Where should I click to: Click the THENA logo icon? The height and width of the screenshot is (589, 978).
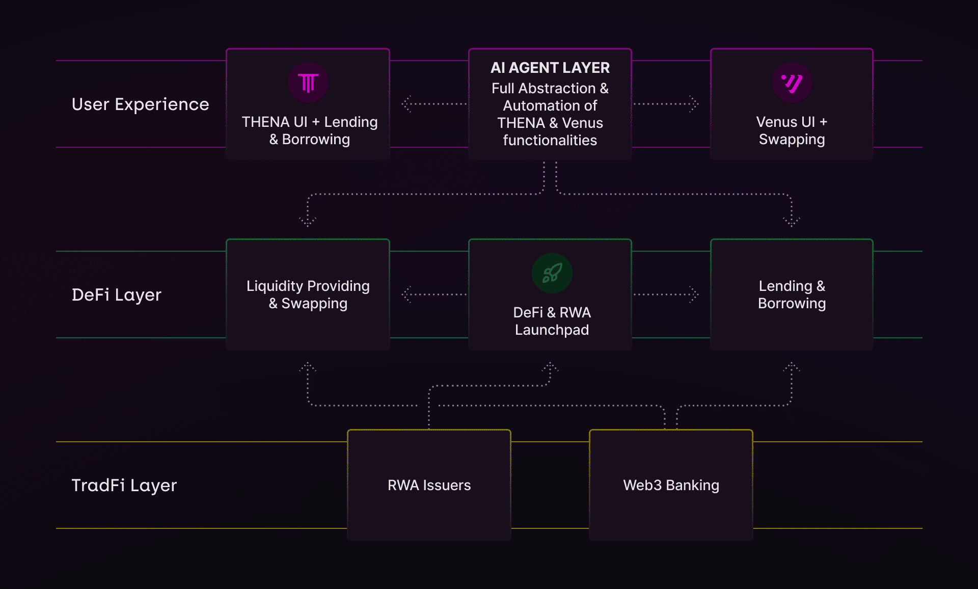tap(308, 83)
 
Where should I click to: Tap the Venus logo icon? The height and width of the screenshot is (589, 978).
tap(792, 83)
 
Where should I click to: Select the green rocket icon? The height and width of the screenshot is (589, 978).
tap(552, 273)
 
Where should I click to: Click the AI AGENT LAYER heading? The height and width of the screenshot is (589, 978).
tap(550, 68)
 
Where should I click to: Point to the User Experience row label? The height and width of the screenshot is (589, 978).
tap(141, 104)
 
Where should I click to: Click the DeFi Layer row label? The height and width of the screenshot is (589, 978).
tap(117, 295)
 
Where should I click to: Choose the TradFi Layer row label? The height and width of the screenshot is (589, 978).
tap(124, 486)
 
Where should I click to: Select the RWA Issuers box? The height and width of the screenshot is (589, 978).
tap(429, 485)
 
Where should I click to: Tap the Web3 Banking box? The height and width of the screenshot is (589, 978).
tap(671, 485)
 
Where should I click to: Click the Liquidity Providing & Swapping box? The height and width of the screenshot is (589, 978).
tap(308, 294)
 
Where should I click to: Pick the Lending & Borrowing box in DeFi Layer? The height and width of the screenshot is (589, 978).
tap(792, 294)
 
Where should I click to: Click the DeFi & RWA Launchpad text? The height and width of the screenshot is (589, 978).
tap(552, 321)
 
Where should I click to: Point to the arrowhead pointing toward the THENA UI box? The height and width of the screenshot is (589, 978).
tap(406, 104)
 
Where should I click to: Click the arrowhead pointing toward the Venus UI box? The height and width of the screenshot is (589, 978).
tap(694, 104)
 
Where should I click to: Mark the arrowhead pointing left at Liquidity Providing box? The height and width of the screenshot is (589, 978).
tap(406, 294)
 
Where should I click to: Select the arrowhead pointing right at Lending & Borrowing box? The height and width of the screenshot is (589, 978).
tap(694, 294)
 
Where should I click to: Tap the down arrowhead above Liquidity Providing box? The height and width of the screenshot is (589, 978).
tap(308, 222)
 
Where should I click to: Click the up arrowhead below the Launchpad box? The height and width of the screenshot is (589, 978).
tap(550, 366)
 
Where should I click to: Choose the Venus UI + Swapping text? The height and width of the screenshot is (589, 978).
tap(792, 130)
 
